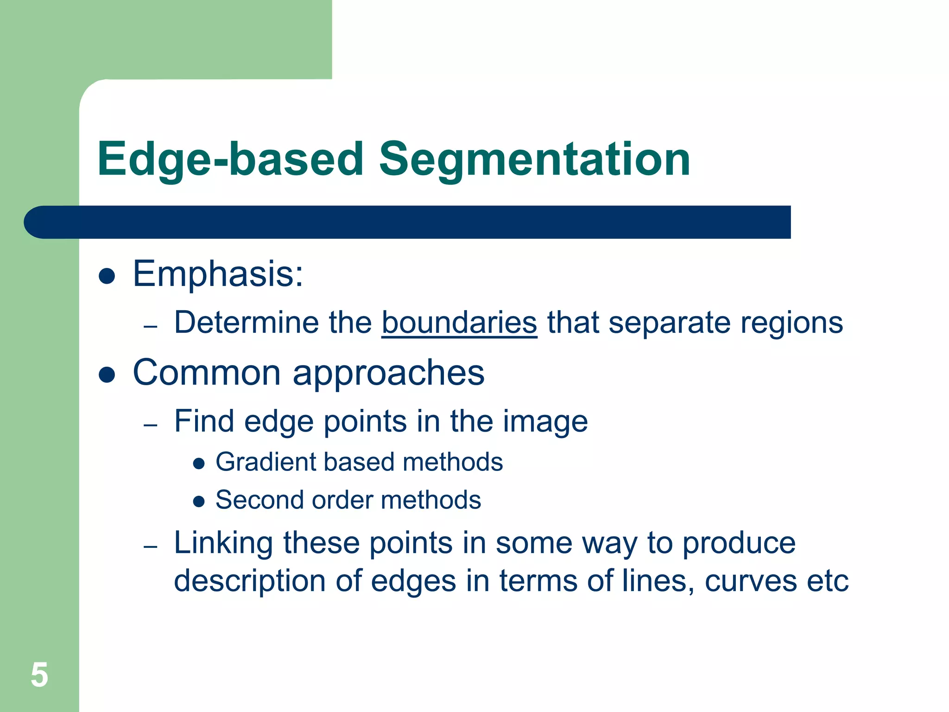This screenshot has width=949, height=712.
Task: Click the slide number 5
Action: click(39, 675)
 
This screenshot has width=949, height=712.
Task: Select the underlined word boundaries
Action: click(459, 323)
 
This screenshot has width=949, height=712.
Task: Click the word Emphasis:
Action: click(218, 274)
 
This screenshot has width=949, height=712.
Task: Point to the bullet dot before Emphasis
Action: click(107, 276)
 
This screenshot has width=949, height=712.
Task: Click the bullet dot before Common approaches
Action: click(107, 375)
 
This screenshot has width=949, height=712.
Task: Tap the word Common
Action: click(207, 373)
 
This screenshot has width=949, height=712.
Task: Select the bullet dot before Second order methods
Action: click(199, 501)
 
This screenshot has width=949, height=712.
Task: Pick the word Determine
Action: click(247, 323)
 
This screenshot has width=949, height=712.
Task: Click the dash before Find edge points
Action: click(151, 425)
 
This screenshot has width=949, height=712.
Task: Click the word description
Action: click(249, 581)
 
